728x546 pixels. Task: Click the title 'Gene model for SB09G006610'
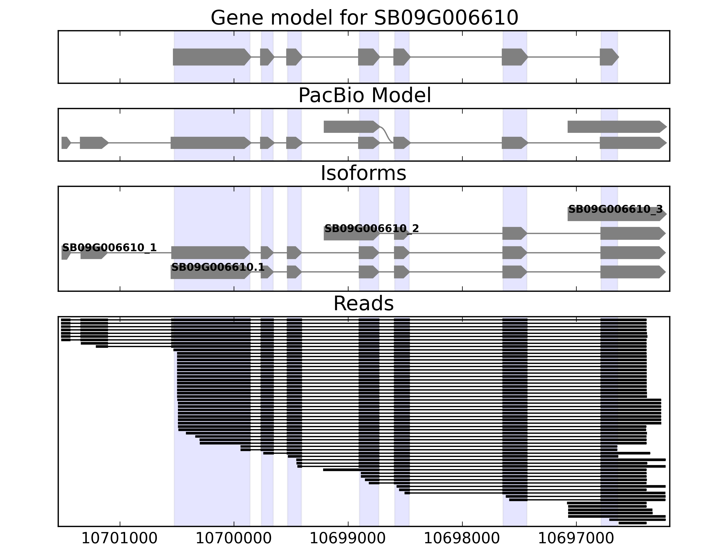[x=364, y=18]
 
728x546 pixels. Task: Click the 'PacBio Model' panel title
[x=364, y=96]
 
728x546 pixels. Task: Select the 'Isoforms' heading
[x=363, y=173]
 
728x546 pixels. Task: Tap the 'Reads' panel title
[x=363, y=303]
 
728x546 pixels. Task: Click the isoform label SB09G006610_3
[x=615, y=209]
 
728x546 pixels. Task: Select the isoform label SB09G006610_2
[x=372, y=228]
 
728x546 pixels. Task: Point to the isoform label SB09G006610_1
[x=109, y=248]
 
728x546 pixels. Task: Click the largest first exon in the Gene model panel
[x=211, y=57]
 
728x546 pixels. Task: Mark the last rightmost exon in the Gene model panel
[x=608, y=57]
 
